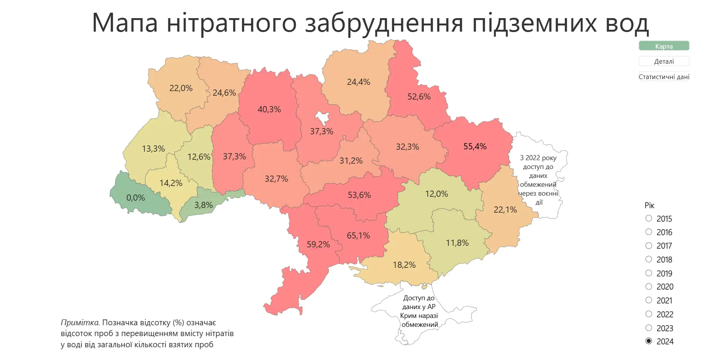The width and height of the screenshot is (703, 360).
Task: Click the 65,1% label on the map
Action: (x=358, y=235)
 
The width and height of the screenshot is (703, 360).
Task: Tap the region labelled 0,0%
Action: (x=136, y=198)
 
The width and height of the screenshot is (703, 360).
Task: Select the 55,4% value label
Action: (x=475, y=146)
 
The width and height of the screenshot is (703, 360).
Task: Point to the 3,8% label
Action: (x=204, y=205)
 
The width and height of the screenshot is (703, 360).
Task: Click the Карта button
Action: (x=664, y=46)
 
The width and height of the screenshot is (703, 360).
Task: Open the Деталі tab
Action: (x=664, y=61)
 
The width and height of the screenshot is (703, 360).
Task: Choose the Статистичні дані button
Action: (x=664, y=77)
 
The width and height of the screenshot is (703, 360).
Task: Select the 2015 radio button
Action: (x=649, y=218)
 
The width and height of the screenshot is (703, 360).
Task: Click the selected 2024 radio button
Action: (x=649, y=341)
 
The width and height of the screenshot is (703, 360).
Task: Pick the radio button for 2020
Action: (x=649, y=286)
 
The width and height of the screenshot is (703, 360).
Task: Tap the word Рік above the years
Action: (x=649, y=205)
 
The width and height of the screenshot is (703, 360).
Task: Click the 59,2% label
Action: (x=318, y=244)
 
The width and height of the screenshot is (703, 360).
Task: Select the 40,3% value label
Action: (x=269, y=109)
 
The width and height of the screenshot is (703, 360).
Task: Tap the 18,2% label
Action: (x=404, y=265)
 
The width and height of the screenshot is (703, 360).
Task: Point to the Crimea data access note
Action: (x=419, y=311)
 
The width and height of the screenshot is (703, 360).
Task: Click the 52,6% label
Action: (x=419, y=96)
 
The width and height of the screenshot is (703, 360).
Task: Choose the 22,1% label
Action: (x=505, y=210)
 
